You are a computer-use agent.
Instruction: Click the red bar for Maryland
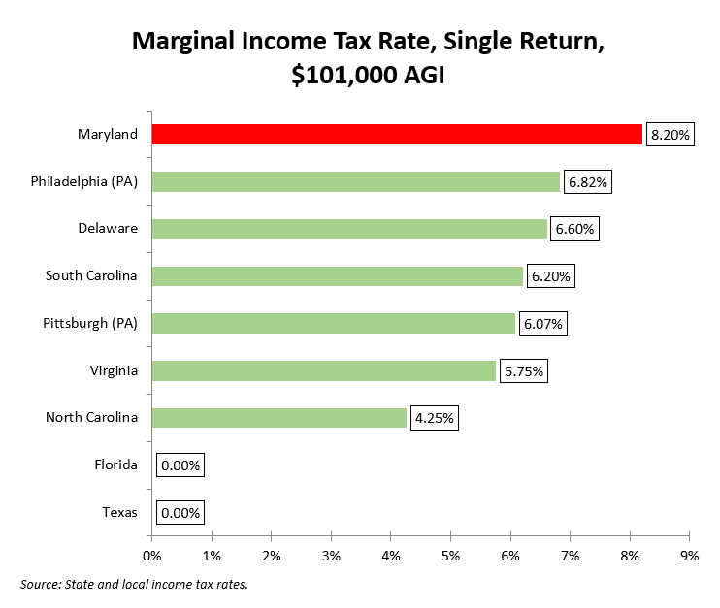pos(396,134)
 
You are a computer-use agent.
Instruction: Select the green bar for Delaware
pos(349,229)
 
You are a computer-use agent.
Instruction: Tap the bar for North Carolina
pos(278,418)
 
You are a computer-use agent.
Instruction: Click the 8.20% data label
pos(670,135)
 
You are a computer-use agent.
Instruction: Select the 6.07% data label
pos(544,324)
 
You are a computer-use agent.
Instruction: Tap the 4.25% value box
pos(435,419)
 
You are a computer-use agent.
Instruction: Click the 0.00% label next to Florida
pos(180,465)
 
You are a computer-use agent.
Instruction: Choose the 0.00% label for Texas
pos(180,513)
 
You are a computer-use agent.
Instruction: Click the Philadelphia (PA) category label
pos(91,181)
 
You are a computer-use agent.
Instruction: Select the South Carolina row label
pos(91,275)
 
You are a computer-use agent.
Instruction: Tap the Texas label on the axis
pos(119,512)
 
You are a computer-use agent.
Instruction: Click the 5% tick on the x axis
pos(450,555)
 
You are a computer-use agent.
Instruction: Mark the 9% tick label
pos(689,555)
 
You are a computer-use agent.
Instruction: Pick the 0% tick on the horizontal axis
pos(151,555)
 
